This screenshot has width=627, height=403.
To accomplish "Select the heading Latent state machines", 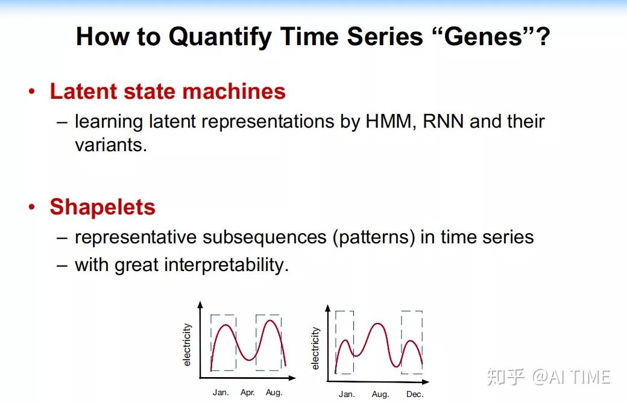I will [167, 92].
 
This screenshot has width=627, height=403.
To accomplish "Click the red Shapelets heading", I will [102, 207].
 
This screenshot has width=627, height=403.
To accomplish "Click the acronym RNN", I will [443, 122].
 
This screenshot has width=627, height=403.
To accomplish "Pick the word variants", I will [110, 145].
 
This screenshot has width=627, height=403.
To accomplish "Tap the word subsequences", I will [265, 237].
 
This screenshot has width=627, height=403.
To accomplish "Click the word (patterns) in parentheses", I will [374, 237].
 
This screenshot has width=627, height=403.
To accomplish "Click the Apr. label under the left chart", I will [247, 393].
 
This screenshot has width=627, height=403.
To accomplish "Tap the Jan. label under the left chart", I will [221, 393].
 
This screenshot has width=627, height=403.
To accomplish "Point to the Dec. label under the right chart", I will [415, 395].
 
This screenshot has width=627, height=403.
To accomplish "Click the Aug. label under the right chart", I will [380, 395].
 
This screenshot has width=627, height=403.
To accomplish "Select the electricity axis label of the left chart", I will [187, 345].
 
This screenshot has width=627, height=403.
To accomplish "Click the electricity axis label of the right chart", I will [315, 348].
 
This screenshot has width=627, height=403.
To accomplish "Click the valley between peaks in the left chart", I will [248, 360].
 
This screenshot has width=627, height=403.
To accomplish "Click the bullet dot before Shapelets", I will [32, 208].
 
